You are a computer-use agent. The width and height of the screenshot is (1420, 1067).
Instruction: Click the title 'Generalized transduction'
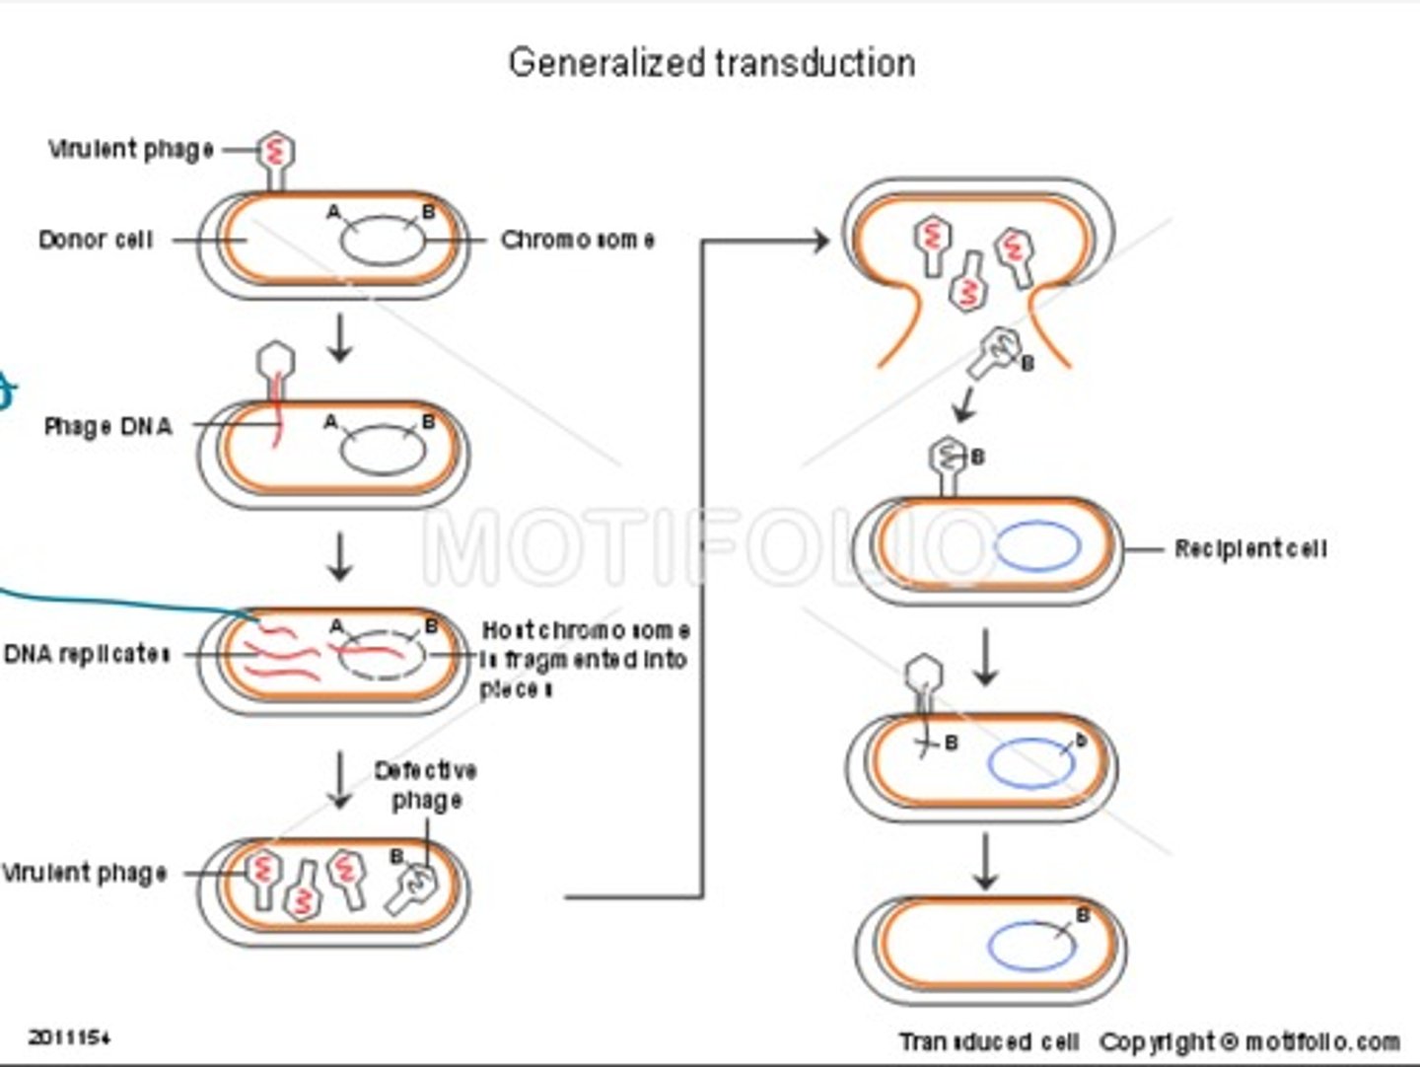(711, 63)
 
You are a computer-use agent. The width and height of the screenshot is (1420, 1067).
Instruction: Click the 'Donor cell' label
(96, 240)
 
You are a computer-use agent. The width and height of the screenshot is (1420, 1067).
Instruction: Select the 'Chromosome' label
(577, 240)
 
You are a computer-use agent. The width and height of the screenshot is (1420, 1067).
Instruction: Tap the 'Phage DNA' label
(107, 426)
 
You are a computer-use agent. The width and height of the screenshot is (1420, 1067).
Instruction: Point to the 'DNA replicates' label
(86, 654)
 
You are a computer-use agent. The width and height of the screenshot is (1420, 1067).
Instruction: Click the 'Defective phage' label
(426, 785)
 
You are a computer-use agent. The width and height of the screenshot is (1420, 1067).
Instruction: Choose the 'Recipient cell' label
(1249, 548)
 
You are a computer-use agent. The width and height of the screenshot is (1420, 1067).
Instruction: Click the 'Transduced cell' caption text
(988, 1041)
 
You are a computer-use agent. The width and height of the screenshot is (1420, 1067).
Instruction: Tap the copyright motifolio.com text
(1249, 1041)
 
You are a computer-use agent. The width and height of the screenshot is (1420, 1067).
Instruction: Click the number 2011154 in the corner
(69, 1036)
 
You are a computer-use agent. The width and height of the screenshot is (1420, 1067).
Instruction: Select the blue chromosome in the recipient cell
(1037, 547)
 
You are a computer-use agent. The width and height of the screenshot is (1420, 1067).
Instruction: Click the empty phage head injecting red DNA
(275, 361)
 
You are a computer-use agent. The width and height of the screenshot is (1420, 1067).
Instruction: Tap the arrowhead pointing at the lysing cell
(820, 240)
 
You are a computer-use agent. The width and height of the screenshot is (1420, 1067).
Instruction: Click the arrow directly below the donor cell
(340, 338)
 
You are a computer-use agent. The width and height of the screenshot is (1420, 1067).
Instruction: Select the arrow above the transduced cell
(985, 860)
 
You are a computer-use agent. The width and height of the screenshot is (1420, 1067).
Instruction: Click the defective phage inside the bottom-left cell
(411, 883)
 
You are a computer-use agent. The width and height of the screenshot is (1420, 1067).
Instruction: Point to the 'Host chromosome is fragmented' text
(584, 658)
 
